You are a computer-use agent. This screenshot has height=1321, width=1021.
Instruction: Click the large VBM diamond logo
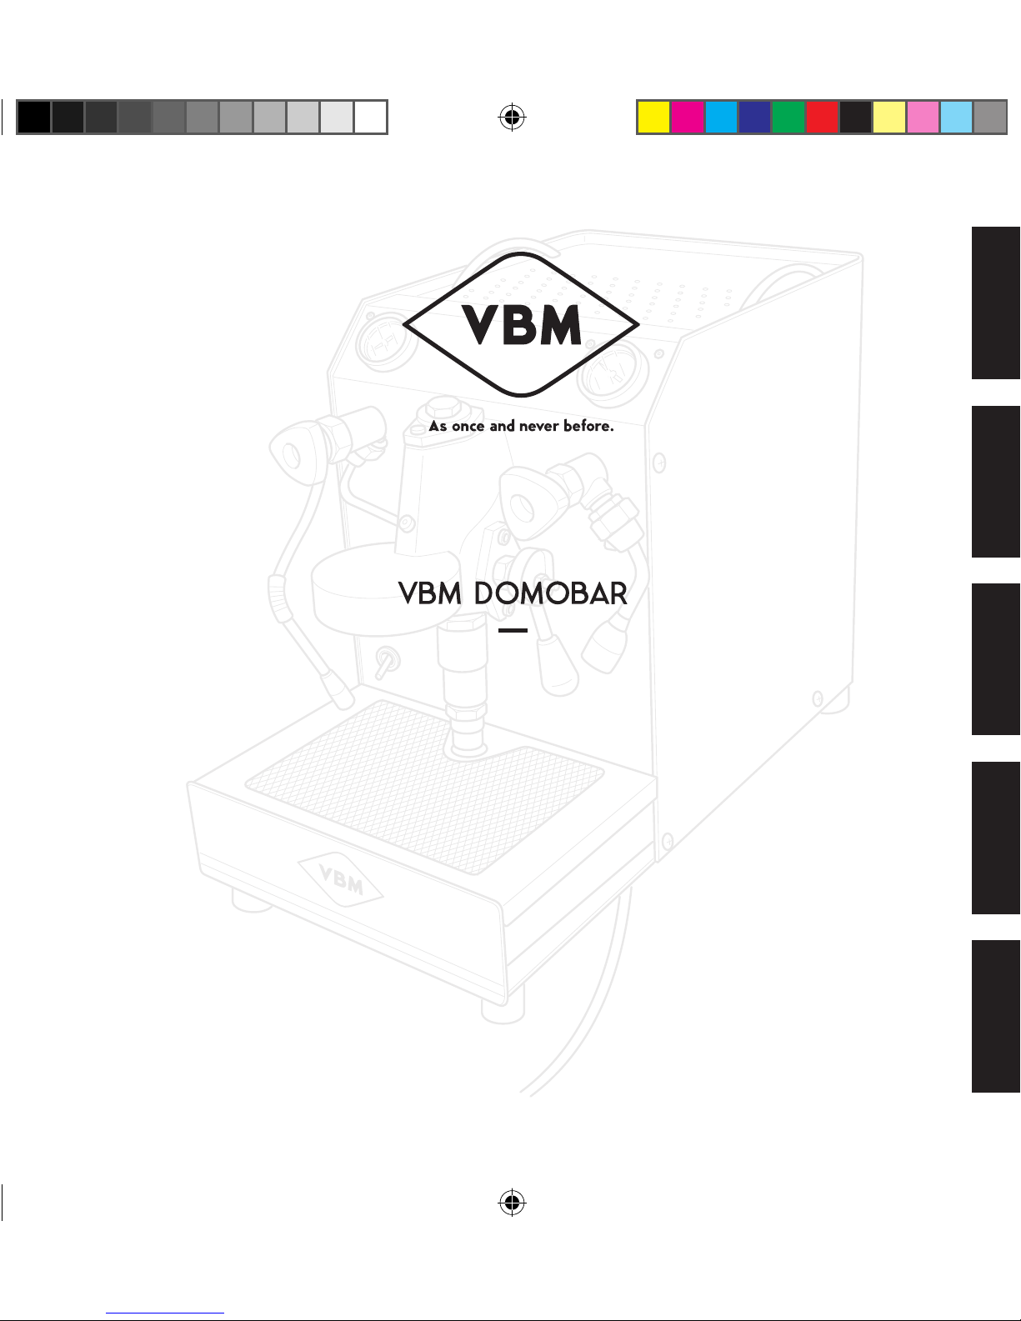[x=521, y=324]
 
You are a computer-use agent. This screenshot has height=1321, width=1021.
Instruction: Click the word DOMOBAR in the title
[x=550, y=594]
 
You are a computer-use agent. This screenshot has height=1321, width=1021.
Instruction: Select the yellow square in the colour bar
[x=653, y=118]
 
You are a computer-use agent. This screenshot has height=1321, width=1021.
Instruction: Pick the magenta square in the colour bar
[x=688, y=118]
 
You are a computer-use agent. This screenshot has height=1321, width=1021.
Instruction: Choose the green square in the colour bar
[x=788, y=118]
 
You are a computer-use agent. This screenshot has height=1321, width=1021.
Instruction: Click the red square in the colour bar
[x=822, y=118]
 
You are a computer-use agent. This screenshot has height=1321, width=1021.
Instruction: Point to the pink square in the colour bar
[x=923, y=118]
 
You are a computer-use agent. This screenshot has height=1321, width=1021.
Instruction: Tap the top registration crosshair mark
[x=512, y=118]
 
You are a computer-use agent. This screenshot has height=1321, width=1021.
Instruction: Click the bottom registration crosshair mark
[x=512, y=1202]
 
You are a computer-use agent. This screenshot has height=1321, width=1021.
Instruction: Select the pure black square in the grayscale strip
[x=33, y=118]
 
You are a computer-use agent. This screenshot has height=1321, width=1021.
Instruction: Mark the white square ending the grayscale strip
[x=370, y=118]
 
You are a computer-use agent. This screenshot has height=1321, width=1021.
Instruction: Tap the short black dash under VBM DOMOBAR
[x=513, y=630]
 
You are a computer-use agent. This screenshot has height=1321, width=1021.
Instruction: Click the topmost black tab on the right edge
[x=995, y=303]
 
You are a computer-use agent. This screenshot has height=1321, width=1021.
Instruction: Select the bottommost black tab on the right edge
[x=995, y=1015]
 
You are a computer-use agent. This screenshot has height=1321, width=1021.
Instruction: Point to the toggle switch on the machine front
[x=386, y=664]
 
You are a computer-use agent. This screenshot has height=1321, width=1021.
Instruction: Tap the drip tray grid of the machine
[x=425, y=783]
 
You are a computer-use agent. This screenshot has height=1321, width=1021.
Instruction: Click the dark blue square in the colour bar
[x=754, y=118]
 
